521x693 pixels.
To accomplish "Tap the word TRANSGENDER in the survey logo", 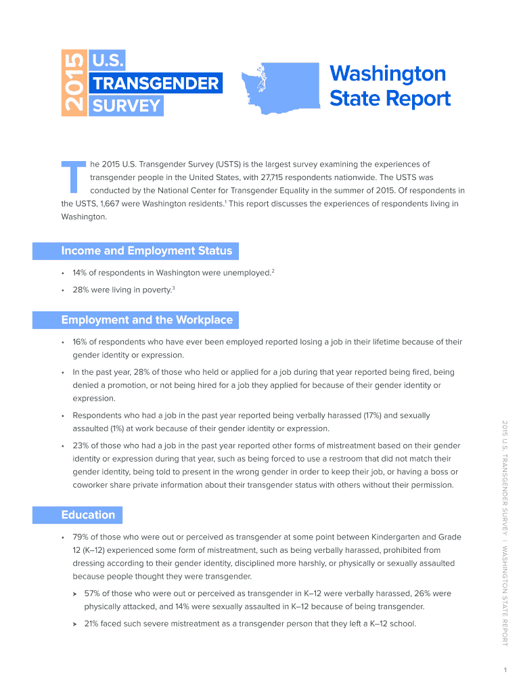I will [155, 83].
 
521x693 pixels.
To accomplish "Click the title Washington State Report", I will [389, 86].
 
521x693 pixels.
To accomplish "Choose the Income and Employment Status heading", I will [146, 251].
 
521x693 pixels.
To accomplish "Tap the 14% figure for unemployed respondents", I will [81, 273].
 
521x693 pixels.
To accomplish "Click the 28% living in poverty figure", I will [81, 290].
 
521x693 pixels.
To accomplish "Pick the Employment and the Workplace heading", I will [146, 320].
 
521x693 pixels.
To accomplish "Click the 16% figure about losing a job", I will [81, 342].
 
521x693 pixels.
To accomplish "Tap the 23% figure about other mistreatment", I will [81, 445].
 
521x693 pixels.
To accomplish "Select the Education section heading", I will [87, 515].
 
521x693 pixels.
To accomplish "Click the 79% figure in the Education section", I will [81, 537].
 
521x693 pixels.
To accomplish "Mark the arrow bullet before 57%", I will [75, 594].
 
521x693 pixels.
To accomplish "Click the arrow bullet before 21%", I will [75, 623].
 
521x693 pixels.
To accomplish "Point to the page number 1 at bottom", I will [505, 670].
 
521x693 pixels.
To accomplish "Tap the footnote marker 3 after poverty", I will [174, 288].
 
